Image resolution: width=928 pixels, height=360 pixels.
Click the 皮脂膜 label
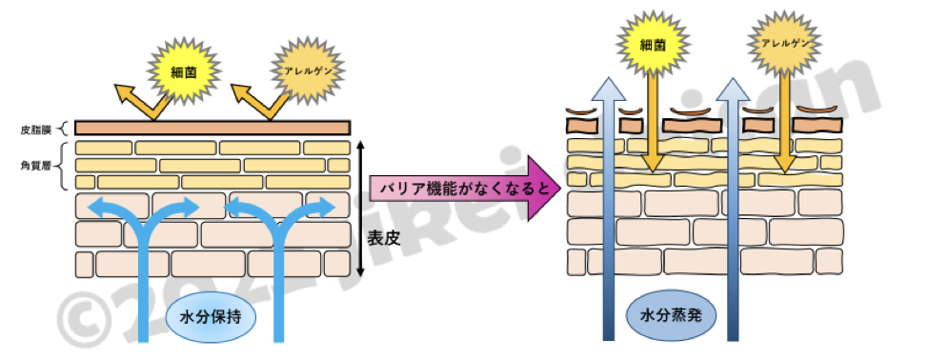[x=34, y=127]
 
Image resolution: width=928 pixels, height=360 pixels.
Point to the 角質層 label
[x=34, y=164]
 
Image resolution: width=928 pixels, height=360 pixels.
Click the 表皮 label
[x=384, y=238]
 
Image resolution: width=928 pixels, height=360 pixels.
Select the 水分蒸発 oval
[x=670, y=310]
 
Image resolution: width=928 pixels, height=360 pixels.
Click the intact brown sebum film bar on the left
[x=212, y=127]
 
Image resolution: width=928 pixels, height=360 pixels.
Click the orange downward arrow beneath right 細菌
[x=652, y=124]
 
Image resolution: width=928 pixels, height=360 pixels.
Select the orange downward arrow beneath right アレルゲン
[x=782, y=124]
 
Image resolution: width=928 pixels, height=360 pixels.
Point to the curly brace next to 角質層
[x=64, y=164]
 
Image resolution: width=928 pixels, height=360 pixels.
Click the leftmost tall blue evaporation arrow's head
[x=606, y=90]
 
